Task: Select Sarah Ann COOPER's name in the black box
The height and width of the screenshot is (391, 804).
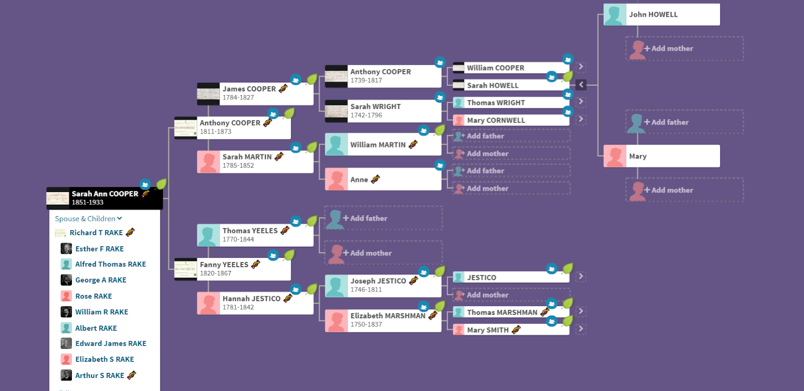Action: [x=105, y=194]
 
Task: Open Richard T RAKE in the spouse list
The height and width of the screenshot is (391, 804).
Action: [x=96, y=233]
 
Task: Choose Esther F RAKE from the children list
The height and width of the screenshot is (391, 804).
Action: [x=99, y=249]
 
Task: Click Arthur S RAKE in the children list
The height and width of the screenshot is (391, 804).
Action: [x=99, y=375]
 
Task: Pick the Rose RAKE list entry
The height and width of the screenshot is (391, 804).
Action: [x=93, y=296]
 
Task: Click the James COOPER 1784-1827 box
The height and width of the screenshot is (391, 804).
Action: [x=255, y=93]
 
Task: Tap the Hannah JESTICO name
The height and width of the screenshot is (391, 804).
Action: [x=251, y=299]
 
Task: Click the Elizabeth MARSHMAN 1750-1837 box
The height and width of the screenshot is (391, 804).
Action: [x=387, y=320]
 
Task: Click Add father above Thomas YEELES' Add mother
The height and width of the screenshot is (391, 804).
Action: [x=368, y=218]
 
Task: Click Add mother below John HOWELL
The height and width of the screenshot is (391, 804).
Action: [x=672, y=49]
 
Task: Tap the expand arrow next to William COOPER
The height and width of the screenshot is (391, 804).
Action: [x=581, y=67]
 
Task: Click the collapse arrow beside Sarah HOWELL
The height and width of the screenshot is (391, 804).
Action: [x=581, y=85]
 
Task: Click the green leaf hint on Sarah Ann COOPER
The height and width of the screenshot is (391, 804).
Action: [x=161, y=184]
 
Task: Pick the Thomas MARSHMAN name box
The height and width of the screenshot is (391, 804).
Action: [x=502, y=312]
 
